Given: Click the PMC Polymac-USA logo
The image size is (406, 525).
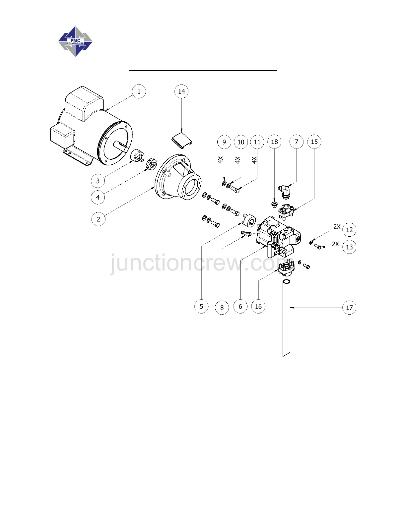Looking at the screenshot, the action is tap(75, 42).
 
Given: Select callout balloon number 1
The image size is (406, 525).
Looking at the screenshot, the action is tap(139, 91).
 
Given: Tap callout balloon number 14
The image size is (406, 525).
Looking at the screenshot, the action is tap(181, 91).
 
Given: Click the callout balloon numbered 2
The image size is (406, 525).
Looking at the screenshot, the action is tap(98, 219).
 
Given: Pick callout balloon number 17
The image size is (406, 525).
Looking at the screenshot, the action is tap(349, 308).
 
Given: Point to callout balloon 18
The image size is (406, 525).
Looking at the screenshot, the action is tap(274, 142).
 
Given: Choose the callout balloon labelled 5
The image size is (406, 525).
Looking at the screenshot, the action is tap(201, 306).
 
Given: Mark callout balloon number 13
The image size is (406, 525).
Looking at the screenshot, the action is tap(349, 247).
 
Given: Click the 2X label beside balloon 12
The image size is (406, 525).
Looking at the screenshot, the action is tap(337, 227).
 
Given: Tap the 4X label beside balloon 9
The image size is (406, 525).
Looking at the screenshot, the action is tap(221, 160).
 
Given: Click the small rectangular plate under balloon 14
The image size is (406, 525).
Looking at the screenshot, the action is tap(182, 139).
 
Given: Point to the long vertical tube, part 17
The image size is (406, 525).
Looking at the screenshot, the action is tap(287, 318).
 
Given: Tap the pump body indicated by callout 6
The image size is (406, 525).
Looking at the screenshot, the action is tap(279, 237).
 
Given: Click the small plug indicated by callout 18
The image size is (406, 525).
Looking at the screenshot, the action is tap(274, 204).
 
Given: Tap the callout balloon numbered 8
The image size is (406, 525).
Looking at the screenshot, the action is tap(222, 308).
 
